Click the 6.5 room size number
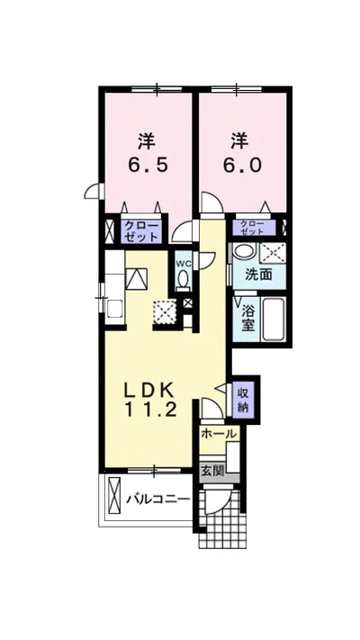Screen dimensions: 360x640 tap(148, 165)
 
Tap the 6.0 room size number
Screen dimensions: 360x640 tap(241, 165)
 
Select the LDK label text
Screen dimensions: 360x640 tap(149, 392)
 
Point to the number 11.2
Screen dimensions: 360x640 tap(150, 410)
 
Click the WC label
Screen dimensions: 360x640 tap(182, 264)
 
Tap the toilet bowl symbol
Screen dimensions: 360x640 tap(184, 280)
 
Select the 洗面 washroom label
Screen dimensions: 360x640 tap(258, 275)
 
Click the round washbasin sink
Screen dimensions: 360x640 tap(244, 250)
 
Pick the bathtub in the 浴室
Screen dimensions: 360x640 tap(273, 320)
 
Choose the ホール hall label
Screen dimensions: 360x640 tap(219, 434)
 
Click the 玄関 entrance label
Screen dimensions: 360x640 tap(212, 471)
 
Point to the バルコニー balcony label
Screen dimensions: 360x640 tap(157, 500)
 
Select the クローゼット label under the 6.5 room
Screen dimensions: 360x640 tap(141, 232)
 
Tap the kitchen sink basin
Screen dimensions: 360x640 tap(114, 308)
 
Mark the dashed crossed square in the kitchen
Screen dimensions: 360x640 tap(165, 311)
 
